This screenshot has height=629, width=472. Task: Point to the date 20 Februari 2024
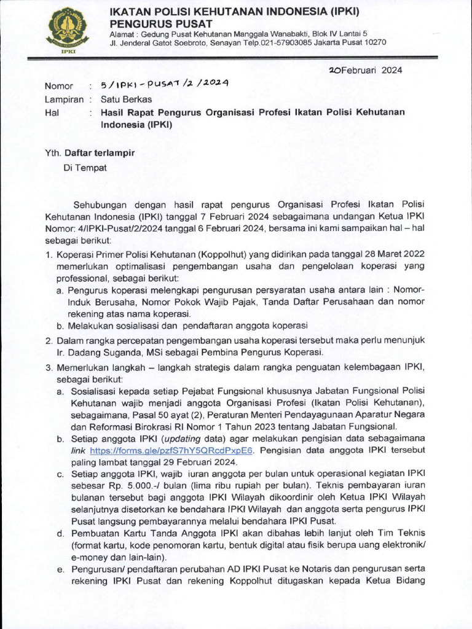tap(366, 70)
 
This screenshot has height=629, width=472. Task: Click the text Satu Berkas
tap(126, 99)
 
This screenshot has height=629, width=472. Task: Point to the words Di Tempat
tap(85, 167)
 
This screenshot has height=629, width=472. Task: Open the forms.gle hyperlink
tap(171, 450)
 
